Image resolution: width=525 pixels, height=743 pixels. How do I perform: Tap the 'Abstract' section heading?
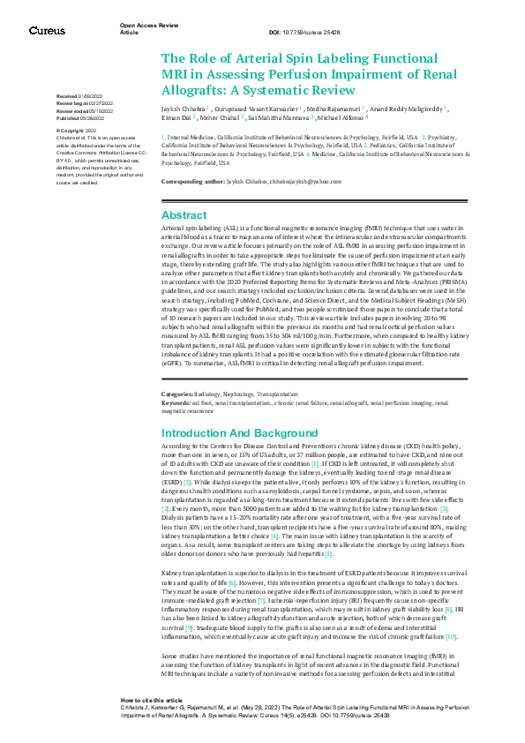(x=184, y=215)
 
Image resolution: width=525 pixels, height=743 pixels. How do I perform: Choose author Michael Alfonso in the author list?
(x=338, y=116)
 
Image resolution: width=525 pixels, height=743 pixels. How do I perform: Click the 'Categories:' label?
(x=177, y=393)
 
